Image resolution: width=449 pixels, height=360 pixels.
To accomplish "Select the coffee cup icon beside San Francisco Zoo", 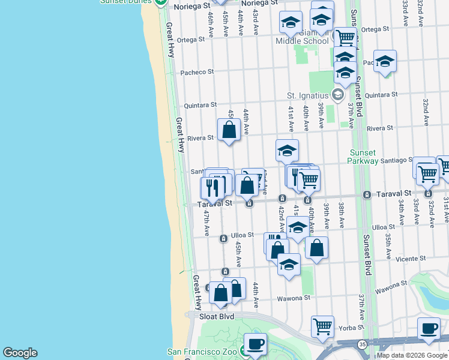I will pos(255,344).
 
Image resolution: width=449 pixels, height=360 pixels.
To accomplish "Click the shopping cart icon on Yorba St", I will pos(322,326).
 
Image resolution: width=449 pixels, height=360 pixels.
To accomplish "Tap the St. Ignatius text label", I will pos(307,95).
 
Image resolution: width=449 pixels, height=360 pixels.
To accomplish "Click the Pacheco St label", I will pos(197,73).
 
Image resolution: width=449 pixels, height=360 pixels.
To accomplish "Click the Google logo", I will pos(20,353).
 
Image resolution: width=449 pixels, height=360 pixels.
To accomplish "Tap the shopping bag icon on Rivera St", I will pos(229,129).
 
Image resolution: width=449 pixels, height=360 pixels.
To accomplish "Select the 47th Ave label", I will pos(206,221).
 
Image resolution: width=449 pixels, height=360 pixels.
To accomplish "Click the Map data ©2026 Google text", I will pos(412,355).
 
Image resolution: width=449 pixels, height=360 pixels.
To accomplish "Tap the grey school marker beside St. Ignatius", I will pos(337,94).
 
